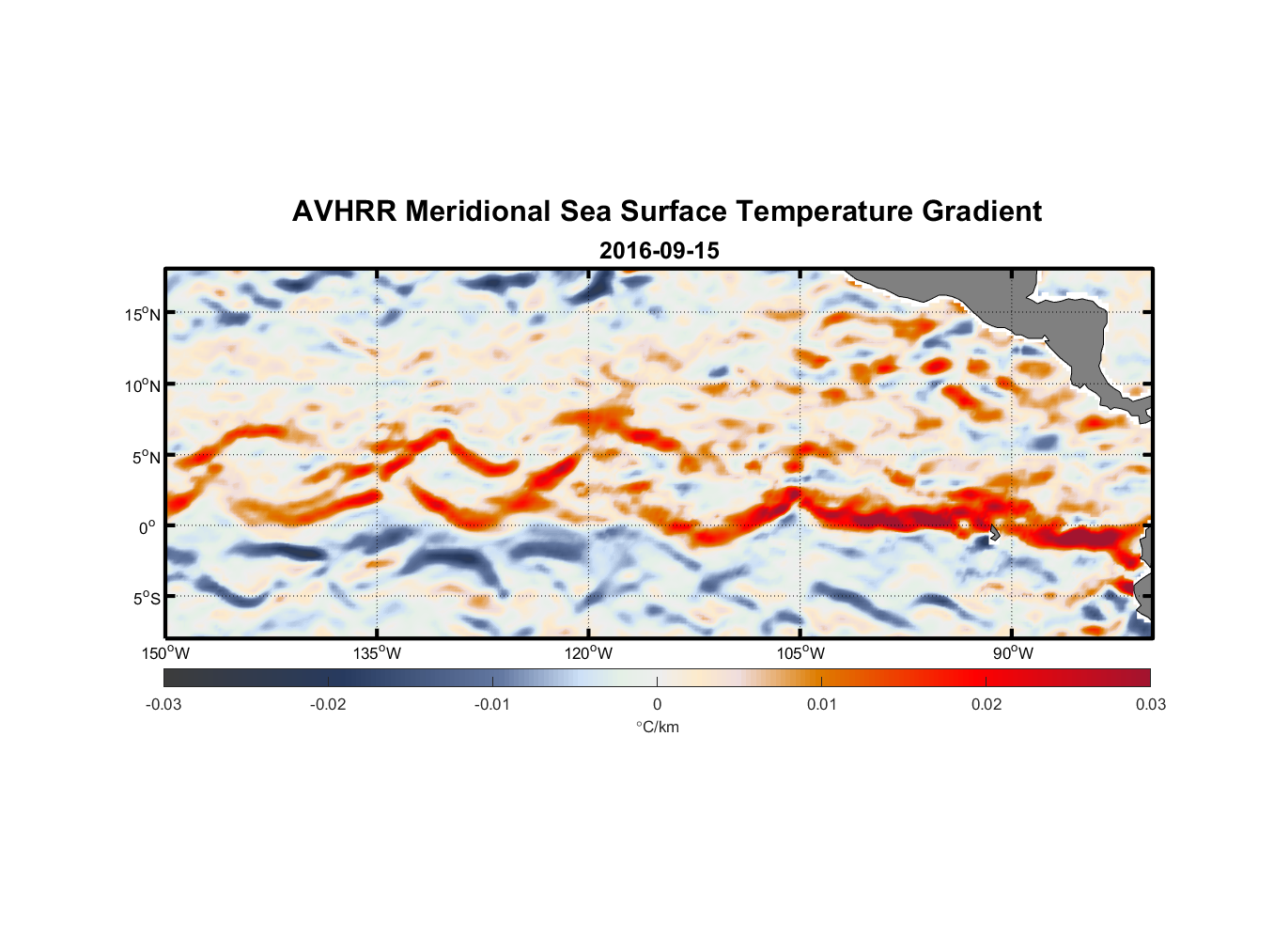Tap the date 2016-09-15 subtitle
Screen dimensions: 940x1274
[659, 251]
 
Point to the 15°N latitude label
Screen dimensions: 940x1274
[143, 314]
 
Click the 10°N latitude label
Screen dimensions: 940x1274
[143, 385]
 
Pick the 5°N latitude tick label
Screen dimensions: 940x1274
[146, 457]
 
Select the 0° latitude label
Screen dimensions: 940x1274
[148, 527]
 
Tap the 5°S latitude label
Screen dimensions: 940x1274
[146, 598]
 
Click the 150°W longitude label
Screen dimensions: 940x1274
[166, 653]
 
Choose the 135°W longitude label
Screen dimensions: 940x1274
[378, 653]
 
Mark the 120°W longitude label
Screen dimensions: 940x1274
[589, 653]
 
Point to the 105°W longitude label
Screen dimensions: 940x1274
[800, 653]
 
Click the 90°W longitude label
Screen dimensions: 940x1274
[1013, 653]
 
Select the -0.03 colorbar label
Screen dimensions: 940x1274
[163, 704]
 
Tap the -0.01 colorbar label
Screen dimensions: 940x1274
[492, 704]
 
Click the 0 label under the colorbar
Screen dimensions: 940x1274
[657, 704]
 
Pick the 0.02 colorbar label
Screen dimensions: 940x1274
[987, 704]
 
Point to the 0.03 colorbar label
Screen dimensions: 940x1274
[1150, 704]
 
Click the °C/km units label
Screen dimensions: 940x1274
[658, 727]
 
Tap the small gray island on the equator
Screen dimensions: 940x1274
[994, 532]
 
